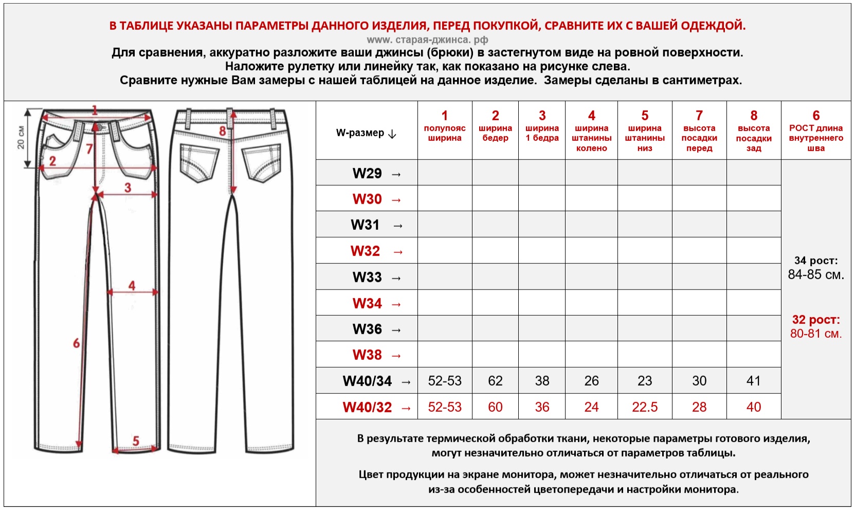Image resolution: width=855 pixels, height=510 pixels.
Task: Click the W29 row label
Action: (x=367, y=173)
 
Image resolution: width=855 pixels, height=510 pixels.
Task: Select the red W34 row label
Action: (x=367, y=303)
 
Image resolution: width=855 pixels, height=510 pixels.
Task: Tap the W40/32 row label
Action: (x=367, y=407)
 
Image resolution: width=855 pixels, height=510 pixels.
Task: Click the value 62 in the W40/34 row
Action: (x=495, y=381)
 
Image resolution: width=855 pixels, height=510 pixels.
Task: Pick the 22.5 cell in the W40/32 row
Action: (x=645, y=407)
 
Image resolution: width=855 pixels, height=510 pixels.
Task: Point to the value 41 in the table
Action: (x=753, y=381)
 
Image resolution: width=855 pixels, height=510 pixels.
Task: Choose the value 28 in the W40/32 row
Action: (x=699, y=407)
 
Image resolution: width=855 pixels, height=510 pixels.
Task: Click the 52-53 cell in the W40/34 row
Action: (x=445, y=381)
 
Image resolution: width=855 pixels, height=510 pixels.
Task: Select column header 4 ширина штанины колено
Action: (x=591, y=131)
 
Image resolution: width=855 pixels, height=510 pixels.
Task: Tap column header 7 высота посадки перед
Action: (x=699, y=131)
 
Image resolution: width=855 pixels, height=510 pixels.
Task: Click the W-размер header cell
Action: (x=366, y=133)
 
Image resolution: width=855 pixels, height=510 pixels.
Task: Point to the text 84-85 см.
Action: (x=816, y=275)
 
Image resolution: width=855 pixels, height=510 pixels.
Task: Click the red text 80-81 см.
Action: (x=816, y=334)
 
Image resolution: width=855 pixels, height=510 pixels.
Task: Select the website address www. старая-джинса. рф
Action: (x=427, y=40)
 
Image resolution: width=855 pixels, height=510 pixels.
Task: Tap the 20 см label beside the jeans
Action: (x=21, y=137)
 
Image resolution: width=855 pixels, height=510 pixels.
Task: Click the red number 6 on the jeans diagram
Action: (x=76, y=343)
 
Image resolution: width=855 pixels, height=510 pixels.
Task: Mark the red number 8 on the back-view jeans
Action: (x=223, y=131)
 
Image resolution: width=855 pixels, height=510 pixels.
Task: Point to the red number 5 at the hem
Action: (x=136, y=441)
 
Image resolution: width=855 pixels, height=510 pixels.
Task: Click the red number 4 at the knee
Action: (x=132, y=285)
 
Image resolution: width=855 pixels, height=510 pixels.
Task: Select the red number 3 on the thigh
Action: (x=128, y=188)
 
